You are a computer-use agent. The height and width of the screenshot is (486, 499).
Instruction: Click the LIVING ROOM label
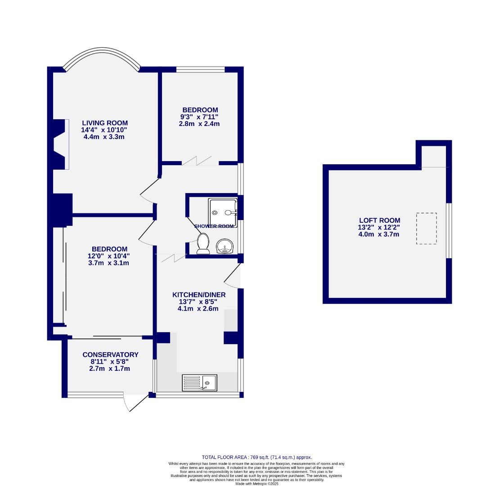pos(104,123)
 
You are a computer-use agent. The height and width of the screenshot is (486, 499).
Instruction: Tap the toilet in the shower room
pos(203,243)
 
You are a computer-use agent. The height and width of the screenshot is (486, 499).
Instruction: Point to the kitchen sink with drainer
pos(199,382)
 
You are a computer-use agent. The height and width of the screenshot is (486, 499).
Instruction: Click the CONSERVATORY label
pos(110,355)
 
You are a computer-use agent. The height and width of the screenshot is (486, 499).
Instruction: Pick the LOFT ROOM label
pos(379,220)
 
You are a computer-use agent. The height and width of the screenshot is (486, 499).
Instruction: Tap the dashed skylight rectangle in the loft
pos(426,229)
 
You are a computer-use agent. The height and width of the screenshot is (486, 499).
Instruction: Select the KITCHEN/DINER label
pos(199,295)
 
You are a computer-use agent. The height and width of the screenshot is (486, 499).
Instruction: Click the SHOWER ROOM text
pos(214,226)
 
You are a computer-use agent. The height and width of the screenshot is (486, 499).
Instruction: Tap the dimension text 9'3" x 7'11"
pos(200,117)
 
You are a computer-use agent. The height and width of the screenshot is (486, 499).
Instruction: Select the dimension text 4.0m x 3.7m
pos(379,234)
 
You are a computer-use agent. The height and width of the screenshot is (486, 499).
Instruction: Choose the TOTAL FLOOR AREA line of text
pos(256,457)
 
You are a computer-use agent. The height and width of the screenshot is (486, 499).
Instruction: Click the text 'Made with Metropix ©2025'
pos(256,484)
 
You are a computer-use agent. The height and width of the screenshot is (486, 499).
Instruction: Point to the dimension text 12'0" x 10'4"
pos(109,256)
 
